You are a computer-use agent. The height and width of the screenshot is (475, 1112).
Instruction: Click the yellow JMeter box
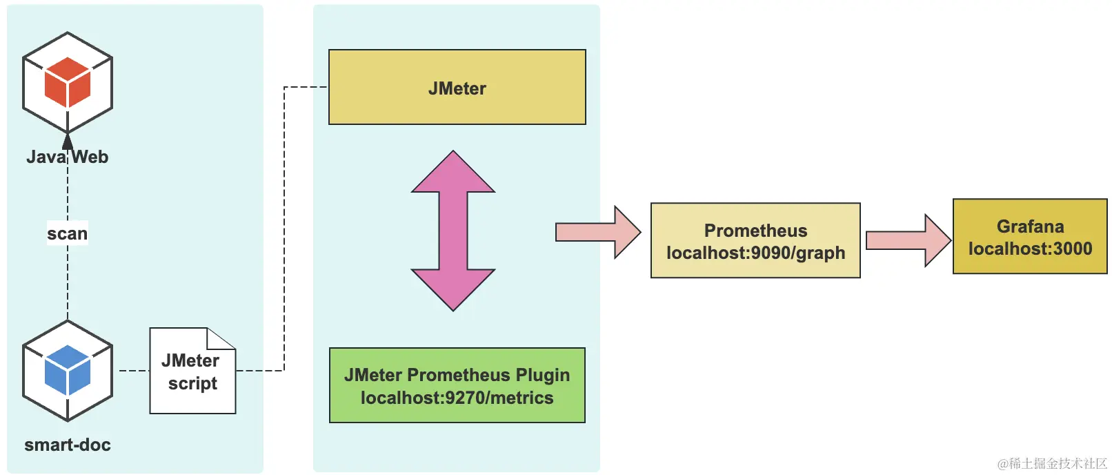pos(457,88)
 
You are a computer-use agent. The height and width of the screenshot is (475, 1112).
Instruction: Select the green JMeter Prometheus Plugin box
pos(457,385)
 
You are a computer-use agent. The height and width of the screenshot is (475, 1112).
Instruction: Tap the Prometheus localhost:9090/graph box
pos(755,240)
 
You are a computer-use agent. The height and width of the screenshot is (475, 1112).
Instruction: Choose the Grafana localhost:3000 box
pos(1030,237)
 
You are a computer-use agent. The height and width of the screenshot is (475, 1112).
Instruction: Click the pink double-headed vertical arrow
pos(453,231)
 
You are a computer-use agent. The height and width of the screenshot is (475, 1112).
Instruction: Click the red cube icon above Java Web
pos(68,81)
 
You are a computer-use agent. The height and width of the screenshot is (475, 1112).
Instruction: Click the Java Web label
pos(68,157)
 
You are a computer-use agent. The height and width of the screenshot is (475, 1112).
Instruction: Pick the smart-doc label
pos(68,445)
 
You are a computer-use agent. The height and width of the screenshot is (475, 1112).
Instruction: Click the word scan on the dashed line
pos(67,233)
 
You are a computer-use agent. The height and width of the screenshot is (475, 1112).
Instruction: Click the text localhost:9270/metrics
pos(457,398)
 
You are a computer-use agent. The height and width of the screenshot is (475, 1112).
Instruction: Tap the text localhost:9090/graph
pos(755,253)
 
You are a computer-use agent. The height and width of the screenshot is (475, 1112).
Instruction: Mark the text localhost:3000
pos(1030,249)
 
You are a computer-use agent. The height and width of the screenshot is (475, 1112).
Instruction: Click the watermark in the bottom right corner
pos(1052,463)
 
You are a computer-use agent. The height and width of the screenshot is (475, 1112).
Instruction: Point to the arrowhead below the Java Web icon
pos(68,141)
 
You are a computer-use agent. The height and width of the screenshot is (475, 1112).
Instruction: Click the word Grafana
pos(1030,226)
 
